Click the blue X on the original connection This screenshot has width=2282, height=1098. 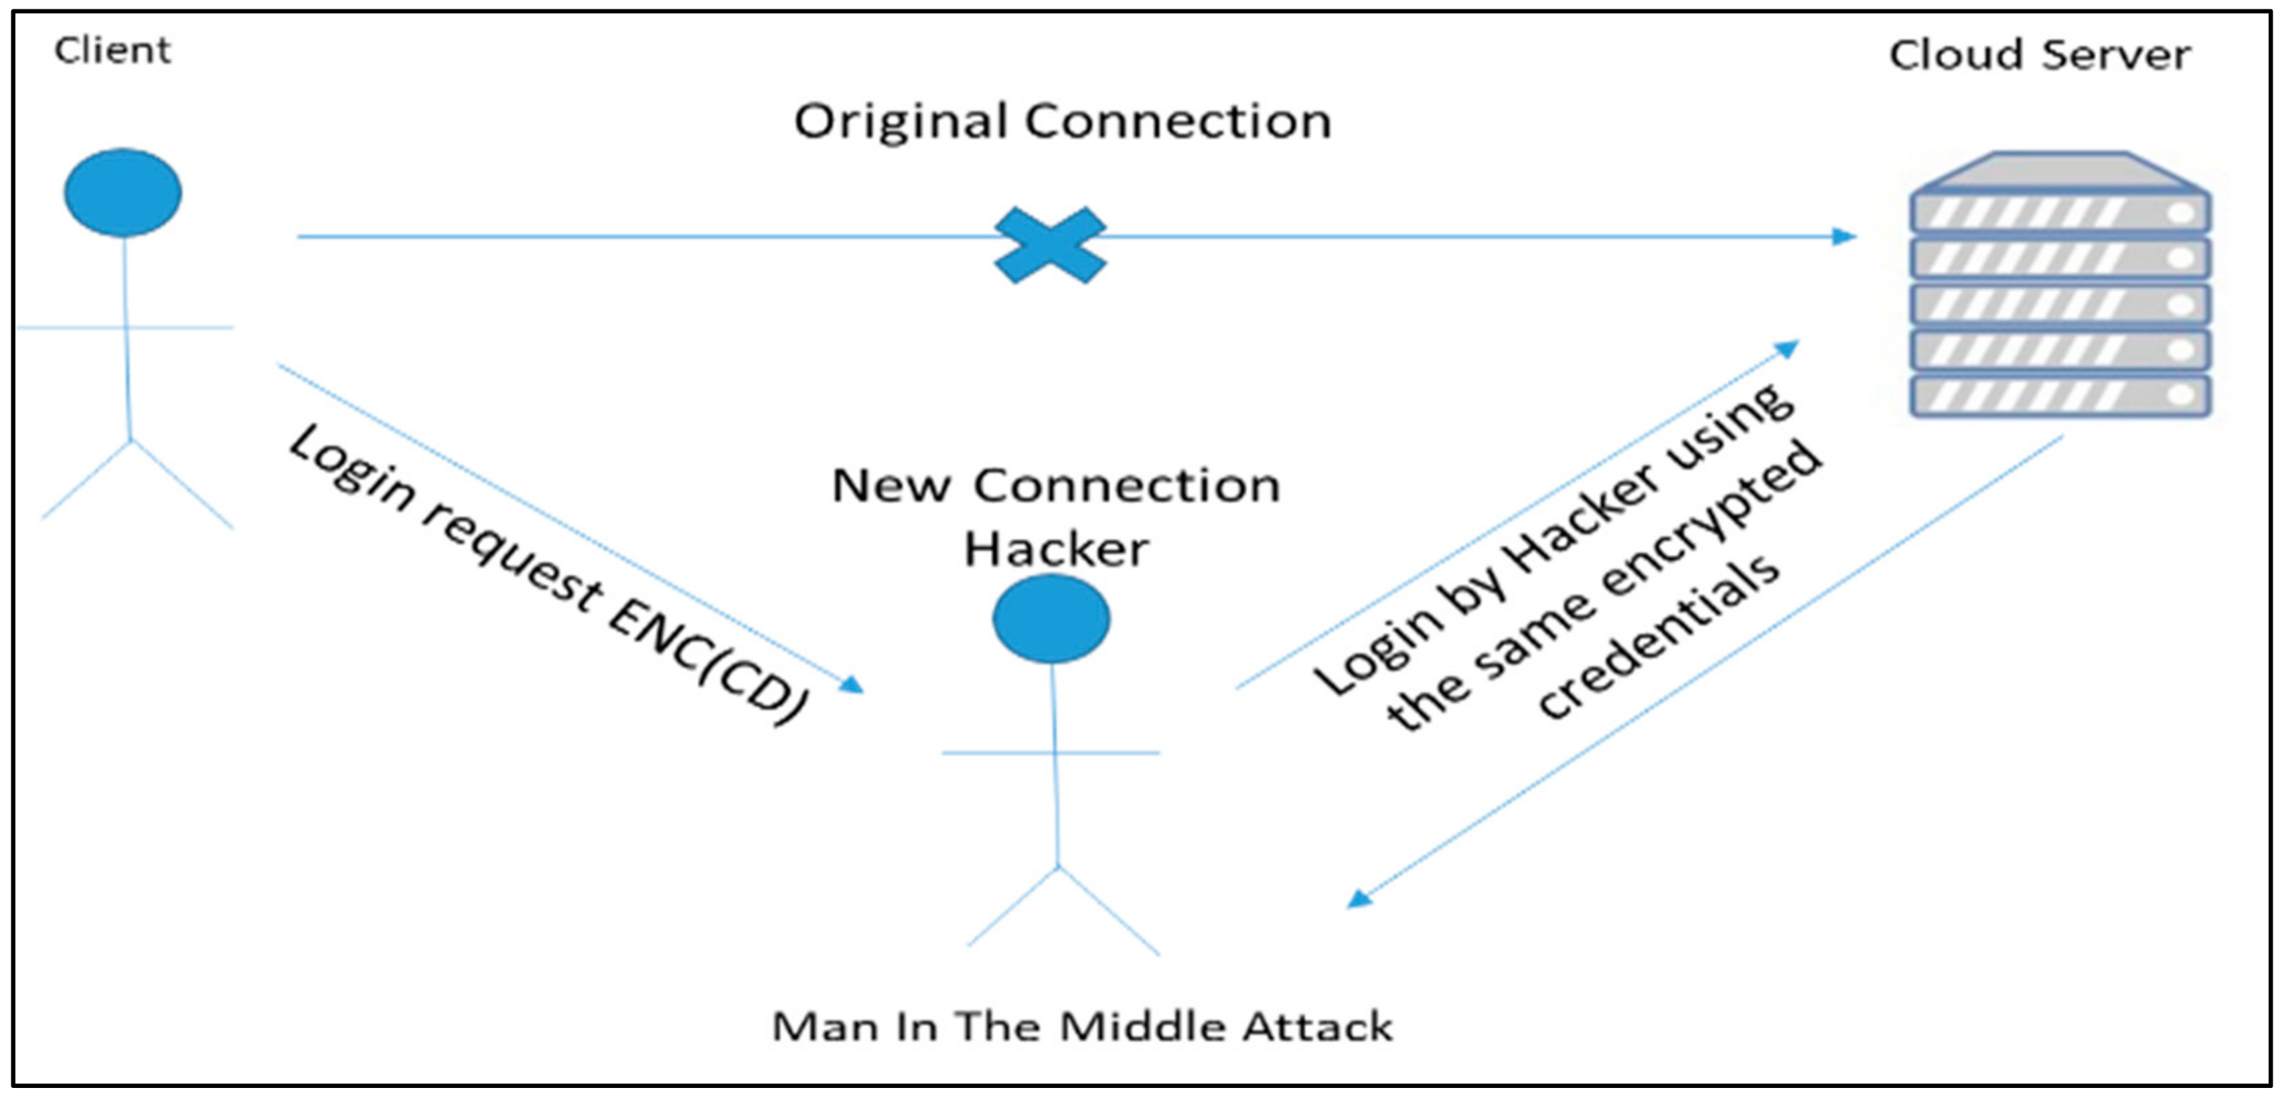click(x=1050, y=244)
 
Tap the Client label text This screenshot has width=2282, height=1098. click(x=112, y=50)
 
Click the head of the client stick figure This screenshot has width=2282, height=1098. click(x=123, y=192)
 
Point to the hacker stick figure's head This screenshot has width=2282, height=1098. click(x=1051, y=619)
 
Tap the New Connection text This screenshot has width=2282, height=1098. click(x=1056, y=485)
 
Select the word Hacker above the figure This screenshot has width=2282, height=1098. click(x=1056, y=549)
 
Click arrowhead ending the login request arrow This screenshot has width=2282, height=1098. click(x=852, y=684)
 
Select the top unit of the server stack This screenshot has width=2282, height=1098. click(x=2059, y=212)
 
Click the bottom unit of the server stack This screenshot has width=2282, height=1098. click(x=2059, y=396)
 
